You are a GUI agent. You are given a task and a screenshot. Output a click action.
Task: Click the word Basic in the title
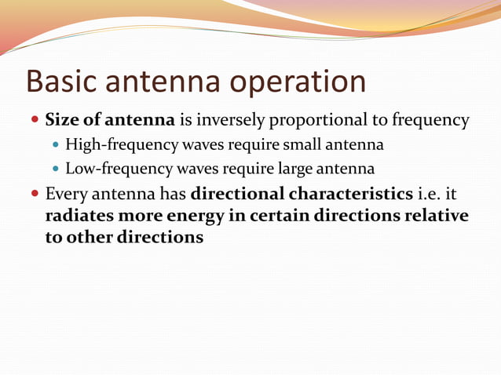(60, 82)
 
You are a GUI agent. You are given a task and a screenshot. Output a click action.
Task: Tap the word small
(312, 144)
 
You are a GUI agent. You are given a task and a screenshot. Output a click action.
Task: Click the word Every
(65, 194)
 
